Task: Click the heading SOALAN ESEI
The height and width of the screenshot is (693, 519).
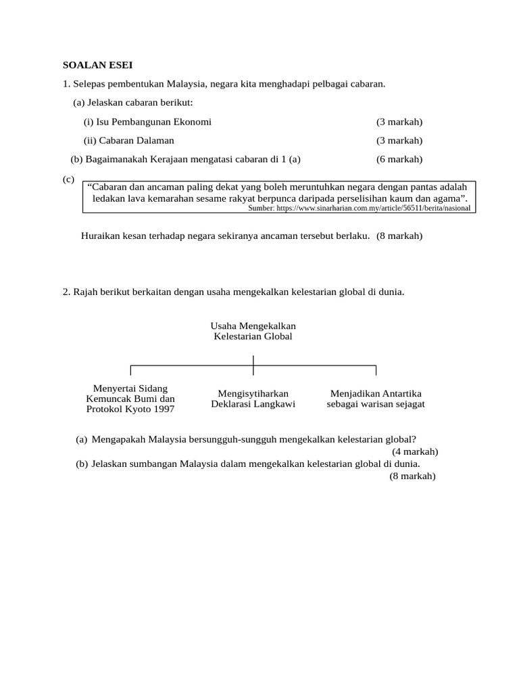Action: click(97, 65)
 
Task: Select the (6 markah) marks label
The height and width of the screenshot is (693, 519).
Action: click(399, 159)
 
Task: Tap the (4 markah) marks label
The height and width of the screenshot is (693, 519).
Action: click(415, 451)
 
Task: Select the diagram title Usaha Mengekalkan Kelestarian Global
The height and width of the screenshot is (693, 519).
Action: click(253, 331)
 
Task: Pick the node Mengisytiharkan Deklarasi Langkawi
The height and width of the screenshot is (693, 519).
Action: click(253, 399)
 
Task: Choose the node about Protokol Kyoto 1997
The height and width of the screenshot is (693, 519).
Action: click(130, 399)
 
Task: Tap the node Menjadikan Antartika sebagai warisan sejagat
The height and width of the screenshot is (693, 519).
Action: click(376, 399)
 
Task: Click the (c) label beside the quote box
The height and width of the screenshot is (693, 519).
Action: click(68, 179)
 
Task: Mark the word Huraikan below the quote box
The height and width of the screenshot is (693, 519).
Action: click(102, 236)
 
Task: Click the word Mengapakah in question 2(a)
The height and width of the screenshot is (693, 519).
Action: click(116, 439)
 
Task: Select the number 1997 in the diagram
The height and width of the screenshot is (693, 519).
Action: click(163, 409)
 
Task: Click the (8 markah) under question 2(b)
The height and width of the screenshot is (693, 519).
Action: click(412, 476)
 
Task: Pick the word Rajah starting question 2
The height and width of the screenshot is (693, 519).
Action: click(86, 292)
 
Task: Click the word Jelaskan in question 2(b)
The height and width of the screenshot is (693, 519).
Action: click(109, 464)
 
